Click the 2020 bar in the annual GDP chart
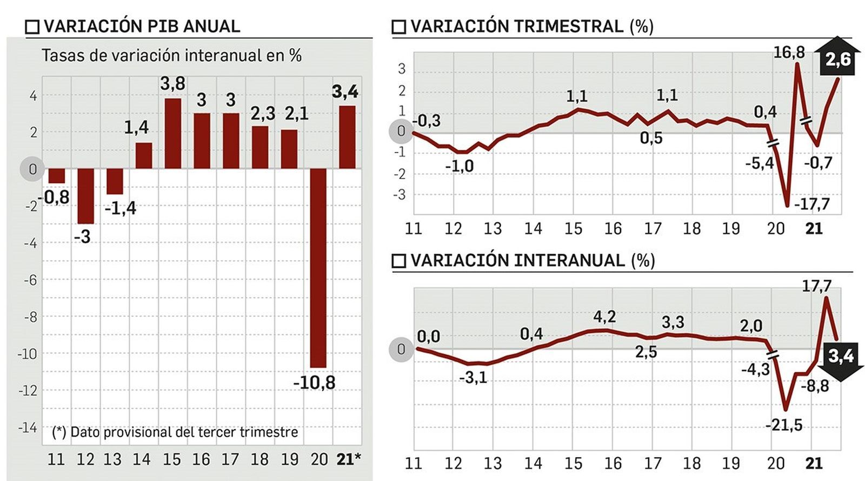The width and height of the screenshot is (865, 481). pos(318,268)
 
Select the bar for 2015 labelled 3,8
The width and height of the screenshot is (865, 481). pos(172,134)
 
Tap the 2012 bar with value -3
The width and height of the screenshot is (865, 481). pos(85,196)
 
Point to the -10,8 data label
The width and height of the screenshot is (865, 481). pos(314,383)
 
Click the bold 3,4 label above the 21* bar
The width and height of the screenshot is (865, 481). pos(345,91)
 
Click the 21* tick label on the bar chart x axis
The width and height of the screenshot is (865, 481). pos(348,459)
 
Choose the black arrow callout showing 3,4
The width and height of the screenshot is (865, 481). pos(841,357)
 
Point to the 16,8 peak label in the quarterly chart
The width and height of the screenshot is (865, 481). pos(789,52)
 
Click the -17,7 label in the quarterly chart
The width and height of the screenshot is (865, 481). pos(811,204)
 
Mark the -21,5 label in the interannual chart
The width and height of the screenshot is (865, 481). pos(784,425)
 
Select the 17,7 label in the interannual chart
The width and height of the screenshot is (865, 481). pos(816,285)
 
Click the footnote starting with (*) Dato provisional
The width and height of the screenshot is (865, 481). pos(175,432)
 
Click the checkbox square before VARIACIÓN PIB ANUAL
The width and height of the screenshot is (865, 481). pos(32,27)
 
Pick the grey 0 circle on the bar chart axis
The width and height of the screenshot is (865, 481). pos(32,169)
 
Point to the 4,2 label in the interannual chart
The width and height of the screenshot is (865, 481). pos(604,317)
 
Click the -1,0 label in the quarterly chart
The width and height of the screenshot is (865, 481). pos(459,166)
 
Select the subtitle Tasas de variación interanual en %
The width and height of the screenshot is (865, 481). pos(171,56)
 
